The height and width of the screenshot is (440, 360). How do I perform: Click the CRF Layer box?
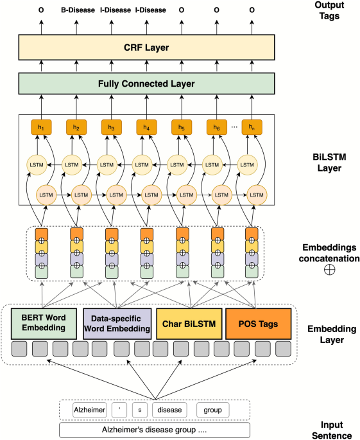146,47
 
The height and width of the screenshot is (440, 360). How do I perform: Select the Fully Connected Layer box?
146,84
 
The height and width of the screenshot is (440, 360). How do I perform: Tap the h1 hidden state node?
41,127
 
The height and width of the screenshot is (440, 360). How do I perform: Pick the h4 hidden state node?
146,127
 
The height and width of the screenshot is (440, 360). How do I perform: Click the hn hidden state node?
252,127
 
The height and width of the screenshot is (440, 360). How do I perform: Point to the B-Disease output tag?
78,10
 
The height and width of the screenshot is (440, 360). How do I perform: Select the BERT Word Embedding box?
44,324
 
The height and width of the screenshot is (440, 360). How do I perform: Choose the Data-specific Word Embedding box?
117,324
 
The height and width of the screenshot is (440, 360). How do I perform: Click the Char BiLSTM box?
189,324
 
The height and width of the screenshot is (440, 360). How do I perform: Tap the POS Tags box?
258,324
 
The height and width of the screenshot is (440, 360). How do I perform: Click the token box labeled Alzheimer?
89,410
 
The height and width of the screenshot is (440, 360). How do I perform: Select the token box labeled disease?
169,410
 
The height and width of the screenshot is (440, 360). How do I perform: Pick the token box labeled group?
213,410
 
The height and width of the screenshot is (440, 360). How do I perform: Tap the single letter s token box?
140,410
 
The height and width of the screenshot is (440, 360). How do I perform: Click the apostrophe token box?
119,410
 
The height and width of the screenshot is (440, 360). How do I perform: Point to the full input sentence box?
155,430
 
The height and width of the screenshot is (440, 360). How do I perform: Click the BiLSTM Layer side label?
329,163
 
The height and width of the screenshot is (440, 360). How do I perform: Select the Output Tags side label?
329,10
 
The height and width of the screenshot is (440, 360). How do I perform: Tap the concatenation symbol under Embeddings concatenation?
329,270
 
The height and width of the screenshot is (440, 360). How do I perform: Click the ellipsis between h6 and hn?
234,127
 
